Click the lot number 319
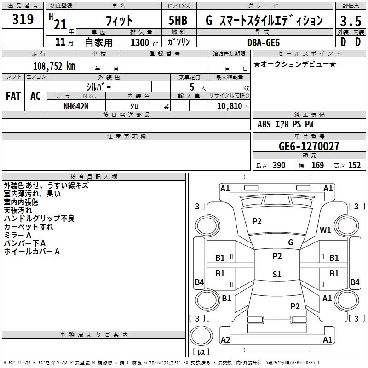click(23, 19)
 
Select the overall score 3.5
click(351, 21)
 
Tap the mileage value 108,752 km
click(54, 66)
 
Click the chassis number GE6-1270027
click(309, 146)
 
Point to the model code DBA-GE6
click(264, 42)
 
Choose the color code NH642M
click(76, 106)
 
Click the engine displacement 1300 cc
click(144, 42)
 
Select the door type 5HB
click(178, 20)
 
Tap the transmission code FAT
click(13, 96)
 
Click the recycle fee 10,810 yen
click(233, 106)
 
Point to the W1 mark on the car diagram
click(325, 230)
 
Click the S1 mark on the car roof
click(277, 274)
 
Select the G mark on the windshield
click(291, 242)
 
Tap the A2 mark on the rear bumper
click(225, 339)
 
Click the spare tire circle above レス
click(201, 336)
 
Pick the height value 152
click(354, 166)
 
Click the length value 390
click(279, 166)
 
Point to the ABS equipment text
click(264, 124)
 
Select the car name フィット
click(119, 21)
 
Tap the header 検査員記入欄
click(94, 177)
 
